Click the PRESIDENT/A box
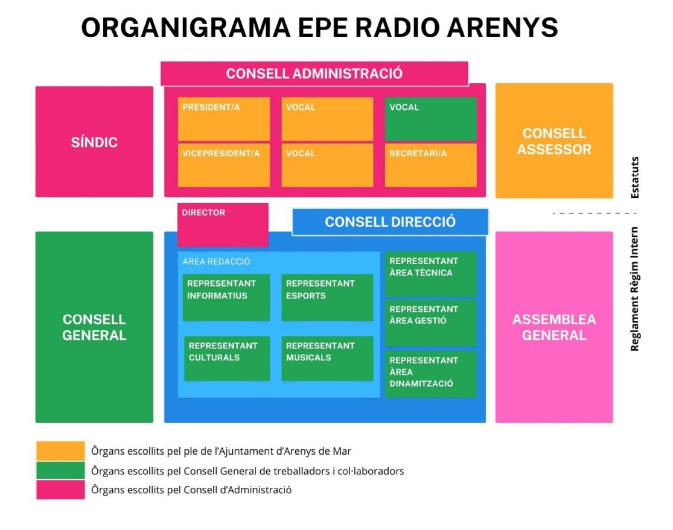pyautogui.click(x=223, y=118)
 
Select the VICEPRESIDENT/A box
pyautogui.click(x=223, y=165)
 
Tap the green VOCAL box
pyautogui.click(x=430, y=118)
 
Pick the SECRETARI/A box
pyautogui.click(x=430, y=165)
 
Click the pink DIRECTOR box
pyautogui.click(x=223, y=224)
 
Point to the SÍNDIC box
pyautogui.click(x=94, y=142)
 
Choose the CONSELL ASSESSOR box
pyautogui.click(x=554, y=141)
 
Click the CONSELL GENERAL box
pyautogui.click(x=94, y=327)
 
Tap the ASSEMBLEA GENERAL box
pyautogui.click(x=554, y=327)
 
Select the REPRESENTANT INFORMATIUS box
pyautogui.click(x=226, y=297)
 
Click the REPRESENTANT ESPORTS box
pyautogui.click(x=327, y=297)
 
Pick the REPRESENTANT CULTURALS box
pyautogui.click(x=226, y=358)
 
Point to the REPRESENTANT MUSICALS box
pyautogui.click(x=327, y=358)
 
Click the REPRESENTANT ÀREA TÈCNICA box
pyautogui.click(x=430, y=274)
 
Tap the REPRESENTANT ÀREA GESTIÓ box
pyautogui.click(x=430, y=323)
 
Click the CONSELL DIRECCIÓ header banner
pyautogui.click(x=390, y=222)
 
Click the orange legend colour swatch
pyautogui.click(x=60, y=450)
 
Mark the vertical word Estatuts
pyautogui.click(x=634, y=177)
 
